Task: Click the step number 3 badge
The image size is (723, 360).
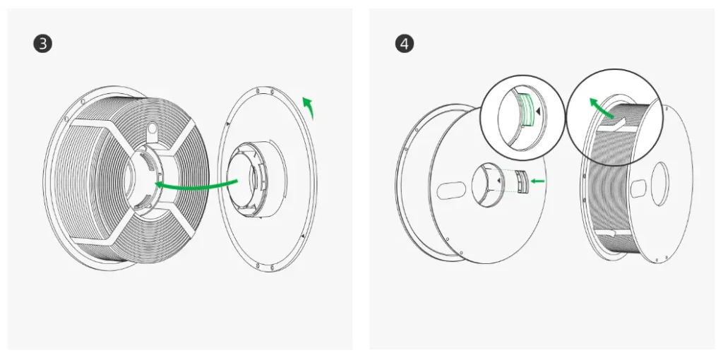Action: [43, 44]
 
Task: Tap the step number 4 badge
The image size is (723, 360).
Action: [405, 44]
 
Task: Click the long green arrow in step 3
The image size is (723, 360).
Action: [196, 185]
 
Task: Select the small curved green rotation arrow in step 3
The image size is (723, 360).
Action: [308, 107]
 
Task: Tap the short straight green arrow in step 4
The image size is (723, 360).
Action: [537, 181]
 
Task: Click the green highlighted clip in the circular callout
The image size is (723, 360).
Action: [525, 109]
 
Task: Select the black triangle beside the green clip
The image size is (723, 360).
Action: [538, 112]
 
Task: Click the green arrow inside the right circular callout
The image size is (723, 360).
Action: [602, 107]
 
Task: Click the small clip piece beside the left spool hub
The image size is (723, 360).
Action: [522, 181]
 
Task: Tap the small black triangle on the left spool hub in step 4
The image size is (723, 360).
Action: [498, 181]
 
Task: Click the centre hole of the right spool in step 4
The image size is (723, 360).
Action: [659, 185]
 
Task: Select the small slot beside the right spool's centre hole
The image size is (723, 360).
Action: [638, 189]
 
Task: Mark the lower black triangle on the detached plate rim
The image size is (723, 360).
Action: [302, 236]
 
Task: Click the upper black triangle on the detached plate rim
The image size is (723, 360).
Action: [228, 124]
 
